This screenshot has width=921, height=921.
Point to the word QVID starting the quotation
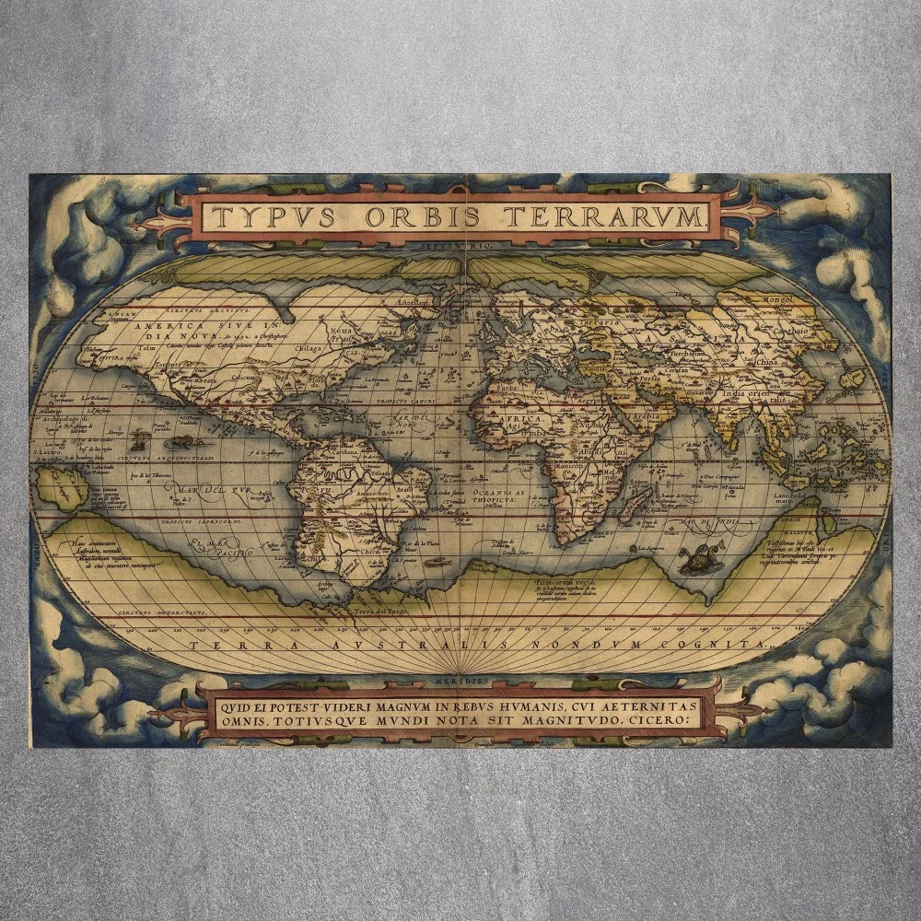pyautogui.click(x=236, y=705)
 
